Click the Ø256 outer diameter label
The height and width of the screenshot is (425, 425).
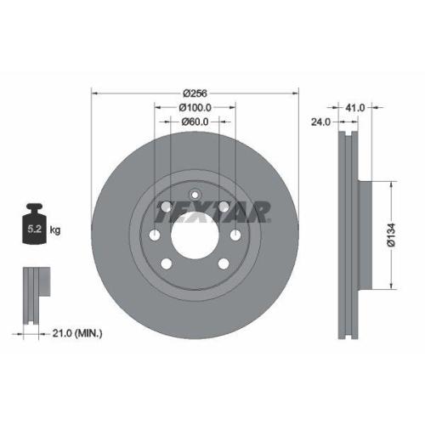coord(195,93)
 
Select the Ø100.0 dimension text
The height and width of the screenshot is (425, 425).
coord(195,107)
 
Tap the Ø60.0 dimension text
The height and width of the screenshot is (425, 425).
coord(195,122)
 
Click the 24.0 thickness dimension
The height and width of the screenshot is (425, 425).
coord(321,121)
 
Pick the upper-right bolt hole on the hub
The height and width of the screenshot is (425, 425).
coord(223,207)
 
